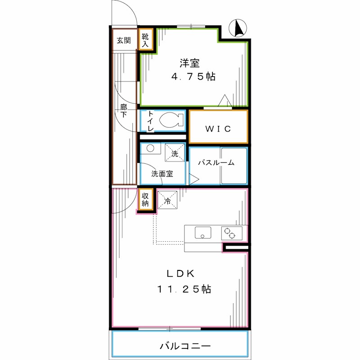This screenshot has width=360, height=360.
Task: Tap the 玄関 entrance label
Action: tap(124, 40)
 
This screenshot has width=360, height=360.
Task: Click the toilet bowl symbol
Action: tap(171, 121)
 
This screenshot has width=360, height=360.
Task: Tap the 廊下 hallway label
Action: tap(124, 111)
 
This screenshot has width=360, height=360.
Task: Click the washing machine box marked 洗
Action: tap(174, 152)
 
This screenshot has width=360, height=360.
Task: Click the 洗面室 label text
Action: tap(162, 174)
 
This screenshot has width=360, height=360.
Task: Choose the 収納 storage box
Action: tap(145, 199)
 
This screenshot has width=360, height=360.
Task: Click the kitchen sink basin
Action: tap(203, 233)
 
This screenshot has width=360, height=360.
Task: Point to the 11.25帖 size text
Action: tap(184, 289)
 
